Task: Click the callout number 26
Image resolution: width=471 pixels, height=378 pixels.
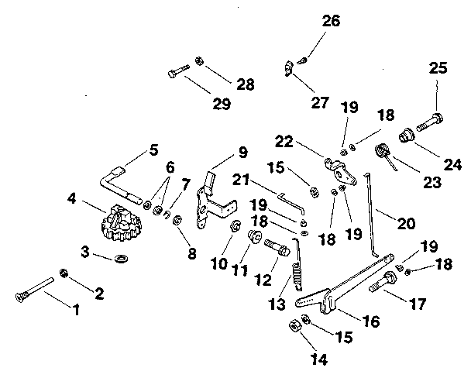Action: pos(331,21)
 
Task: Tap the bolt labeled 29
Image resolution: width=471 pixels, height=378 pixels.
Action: pos(177,74)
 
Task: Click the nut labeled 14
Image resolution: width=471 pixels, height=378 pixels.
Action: pos(295,325)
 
